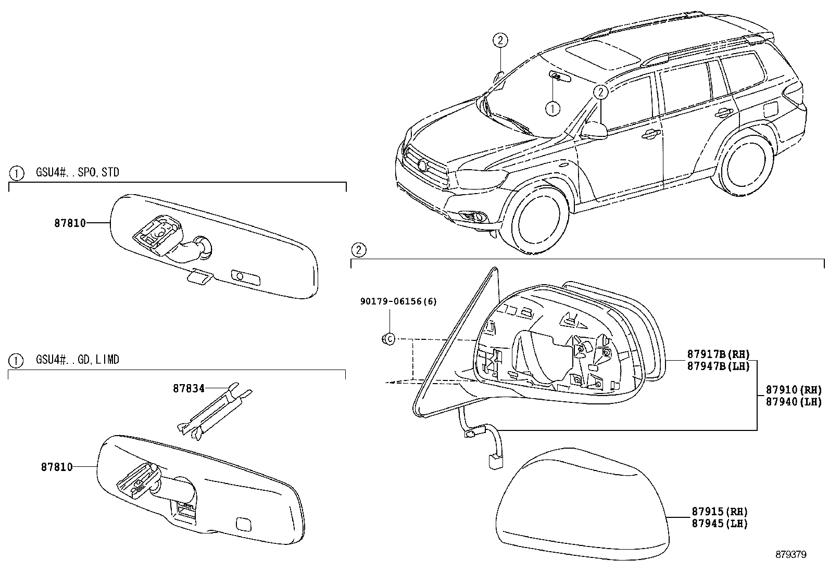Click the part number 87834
tap(189, 388)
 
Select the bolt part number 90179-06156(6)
tap(398, 301)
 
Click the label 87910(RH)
tap(793, 390)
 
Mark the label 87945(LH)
tap(719, 524)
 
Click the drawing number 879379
tap(789, 555)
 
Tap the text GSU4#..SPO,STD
tap(78, 172)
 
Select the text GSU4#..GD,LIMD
tap(78, 360)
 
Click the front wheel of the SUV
tap(540, 219)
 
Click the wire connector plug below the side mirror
tap(493, 460)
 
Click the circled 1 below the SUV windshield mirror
tap(552, 108)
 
